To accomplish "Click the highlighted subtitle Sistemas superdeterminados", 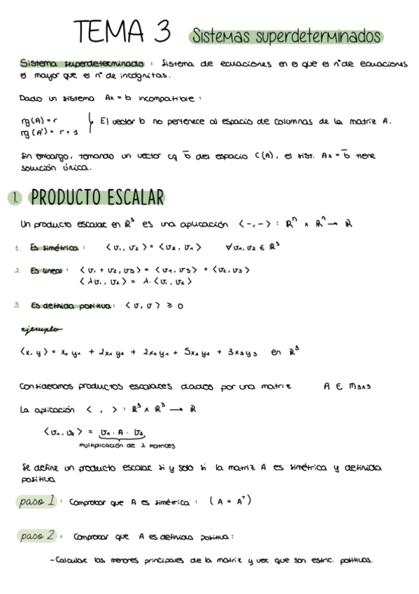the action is click(285, 36).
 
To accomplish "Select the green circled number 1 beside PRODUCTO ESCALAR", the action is click(15, 198).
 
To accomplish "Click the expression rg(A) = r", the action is click(38, 120).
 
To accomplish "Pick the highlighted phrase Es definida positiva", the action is click(72, 305).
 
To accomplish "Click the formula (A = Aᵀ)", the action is click(225, 502).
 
